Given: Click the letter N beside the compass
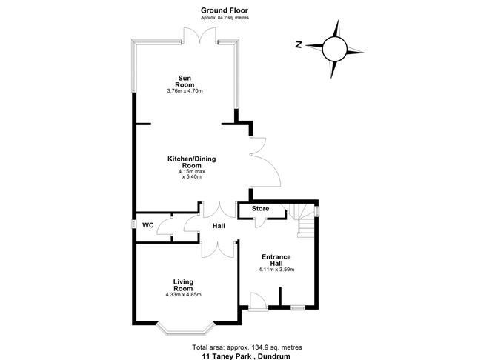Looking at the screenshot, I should tap(297, 44).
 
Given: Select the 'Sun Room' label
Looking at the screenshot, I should tap(185, 81).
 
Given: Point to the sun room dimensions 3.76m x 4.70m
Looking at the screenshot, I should tap(185, 91).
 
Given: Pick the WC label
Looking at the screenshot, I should tap(148, 225).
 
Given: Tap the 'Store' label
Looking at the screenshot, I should tap(260, 210).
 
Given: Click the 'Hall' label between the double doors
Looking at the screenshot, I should tap(219, 226).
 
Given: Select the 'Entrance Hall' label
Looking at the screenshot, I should tap(275, 260).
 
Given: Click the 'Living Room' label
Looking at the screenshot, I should tap(184, 285).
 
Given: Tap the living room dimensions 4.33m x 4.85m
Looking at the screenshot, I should tap(185, 295).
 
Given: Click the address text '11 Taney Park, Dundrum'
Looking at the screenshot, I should tap(247, 356).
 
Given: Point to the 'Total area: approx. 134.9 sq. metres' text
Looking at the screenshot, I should tap(247, 347).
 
